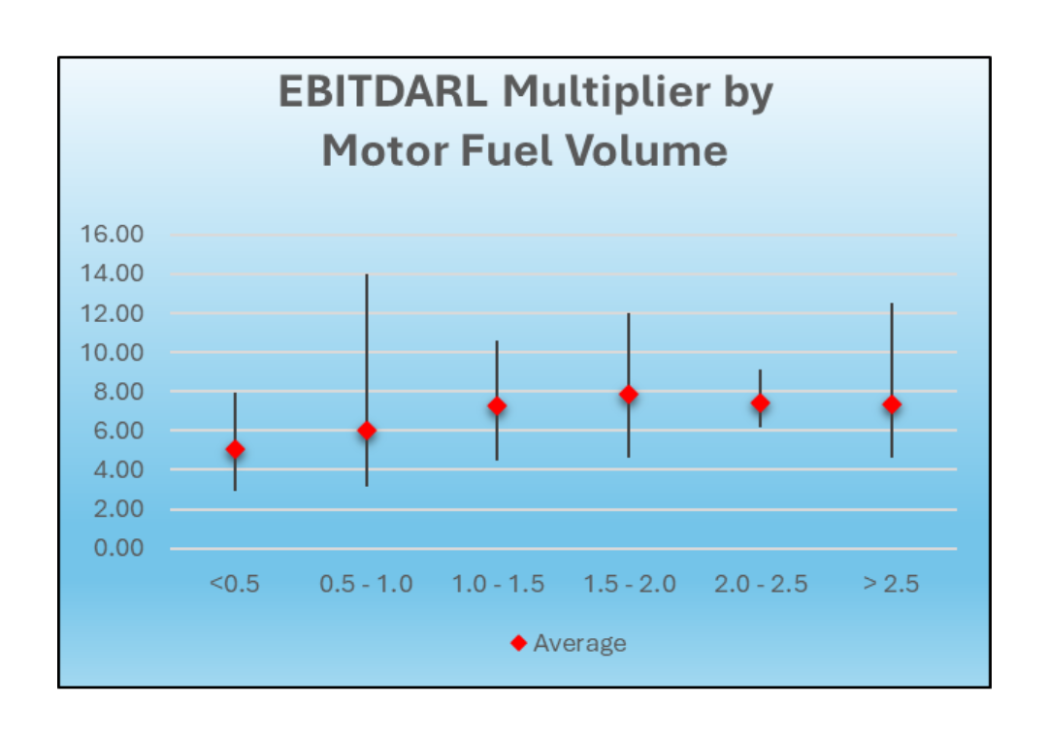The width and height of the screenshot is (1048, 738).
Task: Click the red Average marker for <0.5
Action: click(x=235, y=449)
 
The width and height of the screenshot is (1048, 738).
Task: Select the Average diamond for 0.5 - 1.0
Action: click(x=367, y=430)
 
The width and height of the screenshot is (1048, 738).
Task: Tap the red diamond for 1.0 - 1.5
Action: click(x=497, y=405)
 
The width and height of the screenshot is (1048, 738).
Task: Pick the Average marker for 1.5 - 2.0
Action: click(x=629, y=394)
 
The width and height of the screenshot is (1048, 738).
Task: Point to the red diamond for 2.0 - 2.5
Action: click(x=760, y=402)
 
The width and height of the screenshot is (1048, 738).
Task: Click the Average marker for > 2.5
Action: click(x=892, y=404)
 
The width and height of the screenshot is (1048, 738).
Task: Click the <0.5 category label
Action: click(x=235, y=584)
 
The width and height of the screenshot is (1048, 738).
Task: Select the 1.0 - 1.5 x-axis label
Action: click(x=498, y=584)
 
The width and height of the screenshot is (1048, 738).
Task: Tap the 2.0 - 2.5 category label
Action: click(x=761, y=584)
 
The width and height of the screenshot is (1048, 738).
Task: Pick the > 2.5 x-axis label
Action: click(x=891, y=584)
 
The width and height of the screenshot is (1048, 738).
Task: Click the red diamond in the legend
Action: click(x=518, y=643)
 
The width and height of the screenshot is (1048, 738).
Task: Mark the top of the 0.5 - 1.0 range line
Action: click(x=367, y=275)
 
